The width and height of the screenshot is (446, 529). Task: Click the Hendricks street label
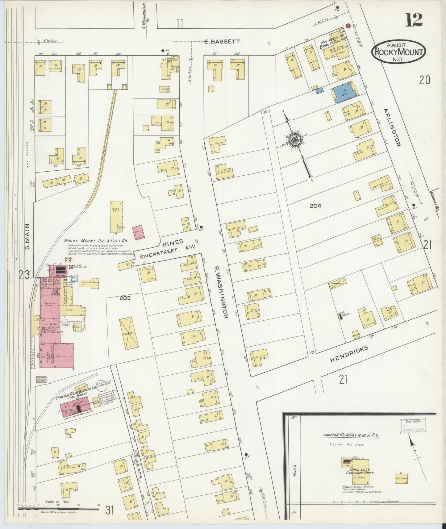tap(349, 354)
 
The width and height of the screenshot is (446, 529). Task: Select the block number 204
tap(315, 206)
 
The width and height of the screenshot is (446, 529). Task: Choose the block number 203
tap(125, 298)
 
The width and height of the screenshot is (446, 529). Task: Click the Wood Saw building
tap(116, 216)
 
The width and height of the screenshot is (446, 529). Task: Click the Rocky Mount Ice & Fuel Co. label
tap(96, 240)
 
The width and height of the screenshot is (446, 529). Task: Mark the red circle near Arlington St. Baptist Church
tap(348, 26)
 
